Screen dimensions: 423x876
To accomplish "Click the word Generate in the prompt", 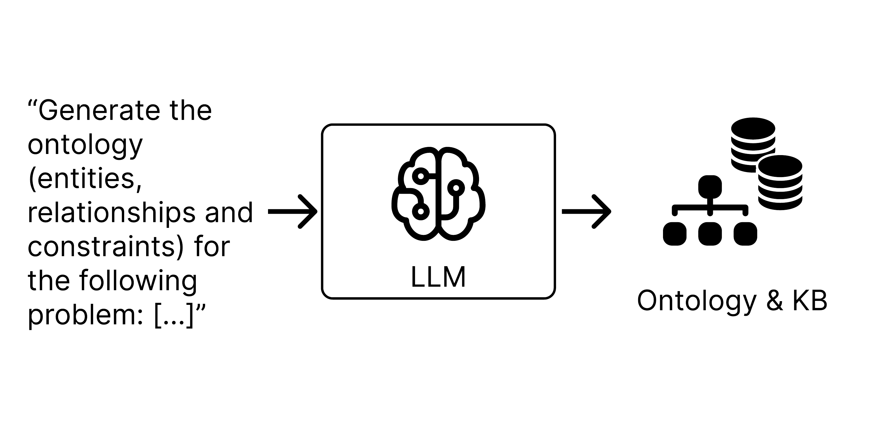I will pyautogui.click(x=99, y=111).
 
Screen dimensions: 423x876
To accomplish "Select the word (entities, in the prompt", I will pyautogui.click(x=85, y=179).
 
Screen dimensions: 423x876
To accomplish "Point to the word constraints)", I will pyautogui.click(x=106, y=246).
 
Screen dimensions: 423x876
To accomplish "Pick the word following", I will pyautogui.click(x=138, y=281).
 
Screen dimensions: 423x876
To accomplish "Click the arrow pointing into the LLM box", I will pyautogui.click(x=293, y=211).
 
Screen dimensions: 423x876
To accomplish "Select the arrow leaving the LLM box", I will pyautogui.click(x=586, y=211).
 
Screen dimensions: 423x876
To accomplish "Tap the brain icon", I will pyautogui.click(x=438, y=194).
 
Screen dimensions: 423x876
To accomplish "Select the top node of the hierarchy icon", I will pyautogui.click(x=710, y=187).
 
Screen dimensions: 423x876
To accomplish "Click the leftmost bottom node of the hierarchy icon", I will pyautogui.click(x=675, y=233).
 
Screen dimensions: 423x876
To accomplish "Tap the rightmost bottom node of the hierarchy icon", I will pyautogui.click(x=745, y=233).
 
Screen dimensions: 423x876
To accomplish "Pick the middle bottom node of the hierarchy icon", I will pyautogui.click(x=710, y=233).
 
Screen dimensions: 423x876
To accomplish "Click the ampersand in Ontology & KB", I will pyautogui.click(x=775, y=301).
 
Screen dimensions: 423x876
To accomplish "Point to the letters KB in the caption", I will pyautogui.click(x=810, y=301).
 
